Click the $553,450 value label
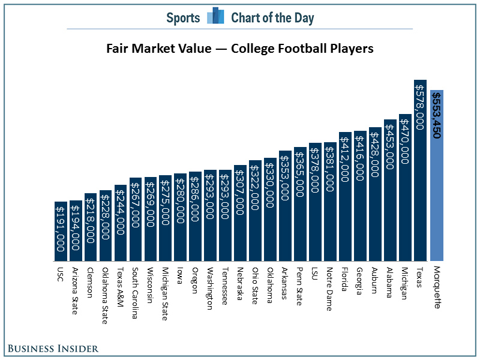[437, 115]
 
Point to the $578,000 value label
[420, 104]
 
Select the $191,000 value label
[61, 228]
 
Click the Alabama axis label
[389, 281]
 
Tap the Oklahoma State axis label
[105, 294]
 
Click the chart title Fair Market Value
[240, 49]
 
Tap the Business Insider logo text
[53, 348]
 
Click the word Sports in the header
[183, 17]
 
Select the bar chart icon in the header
[215, 16]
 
